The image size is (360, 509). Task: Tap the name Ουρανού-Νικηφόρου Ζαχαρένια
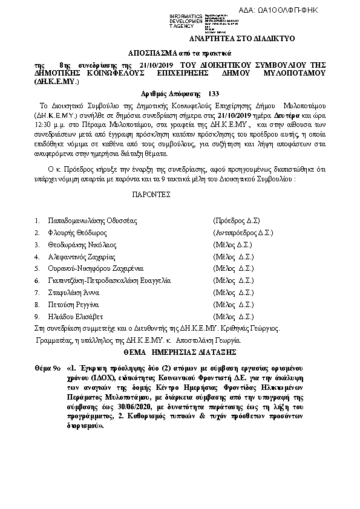click(95, 268)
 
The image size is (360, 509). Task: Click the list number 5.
click(37, 268)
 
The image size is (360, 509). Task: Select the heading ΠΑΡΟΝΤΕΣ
click(151, 195)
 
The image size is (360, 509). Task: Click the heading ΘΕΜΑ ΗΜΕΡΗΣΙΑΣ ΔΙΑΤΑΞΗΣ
click(179, 351)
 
